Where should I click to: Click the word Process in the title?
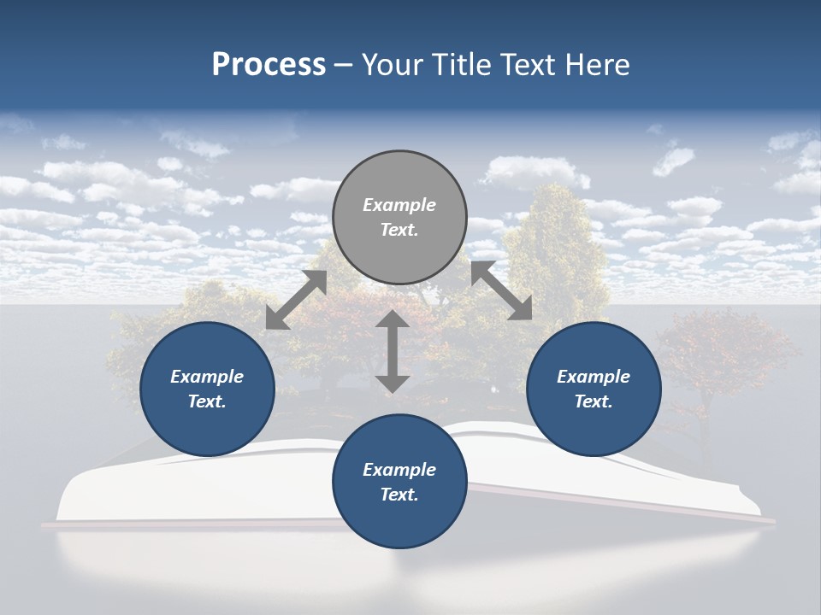[x=269, y=65]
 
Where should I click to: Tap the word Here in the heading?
[x=595, y=65]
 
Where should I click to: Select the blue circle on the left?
[x=207, y=389]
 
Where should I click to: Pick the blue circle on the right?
[x=594, y=389]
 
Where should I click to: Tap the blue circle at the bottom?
[x=399, y=482]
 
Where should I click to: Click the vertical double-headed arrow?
[x=393, y=351]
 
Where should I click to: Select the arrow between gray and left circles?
[x=296, y=300]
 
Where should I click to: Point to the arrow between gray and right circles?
[x=502, y=290]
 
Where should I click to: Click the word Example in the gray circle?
[x=399, y=205]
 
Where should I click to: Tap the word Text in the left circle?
[x=206, y=401]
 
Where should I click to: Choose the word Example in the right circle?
[x=594, y=377]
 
